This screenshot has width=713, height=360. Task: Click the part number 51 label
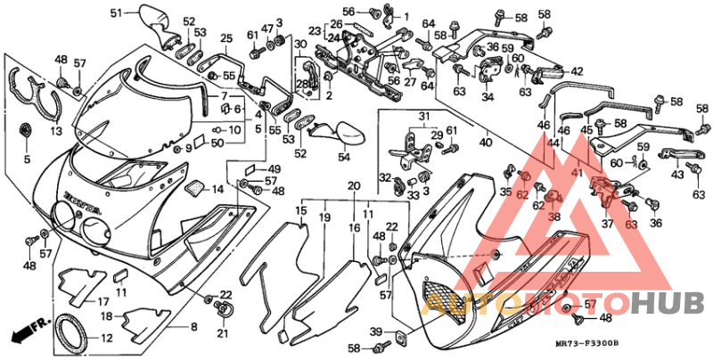coord(115,12)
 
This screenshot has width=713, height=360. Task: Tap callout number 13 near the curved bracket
coord(56,131)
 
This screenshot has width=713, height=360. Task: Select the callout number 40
coord(486,141)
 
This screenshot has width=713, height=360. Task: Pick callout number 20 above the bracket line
coord(353,186)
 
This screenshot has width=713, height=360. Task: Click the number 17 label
coord(103,301)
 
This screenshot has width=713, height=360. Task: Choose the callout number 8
coord(193,327)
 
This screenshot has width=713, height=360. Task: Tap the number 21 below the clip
coord(222,333)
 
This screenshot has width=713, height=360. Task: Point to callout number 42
coord(577,72)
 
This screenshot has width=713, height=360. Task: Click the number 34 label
coord(488,97)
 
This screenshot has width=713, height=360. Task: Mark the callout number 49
coord(274,169)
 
